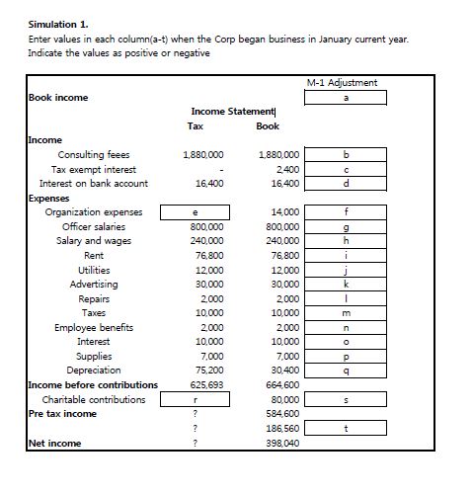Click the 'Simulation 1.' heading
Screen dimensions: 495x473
pyautogui.click(x=55, y=24)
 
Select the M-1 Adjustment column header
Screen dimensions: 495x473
pyautogui.click(x=345, y=83)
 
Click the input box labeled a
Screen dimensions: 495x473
pyautogui.click(x=345, y=97)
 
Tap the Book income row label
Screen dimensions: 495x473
pyautogui.click(x=58, y=98)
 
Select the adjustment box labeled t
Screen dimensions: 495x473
pyautogui.click(x=345, y=429)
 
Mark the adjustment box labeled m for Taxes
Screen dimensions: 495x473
pyautogui.click(x=345, y=312)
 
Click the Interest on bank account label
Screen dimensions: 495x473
pyautogui.click(x=93, y=184)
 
